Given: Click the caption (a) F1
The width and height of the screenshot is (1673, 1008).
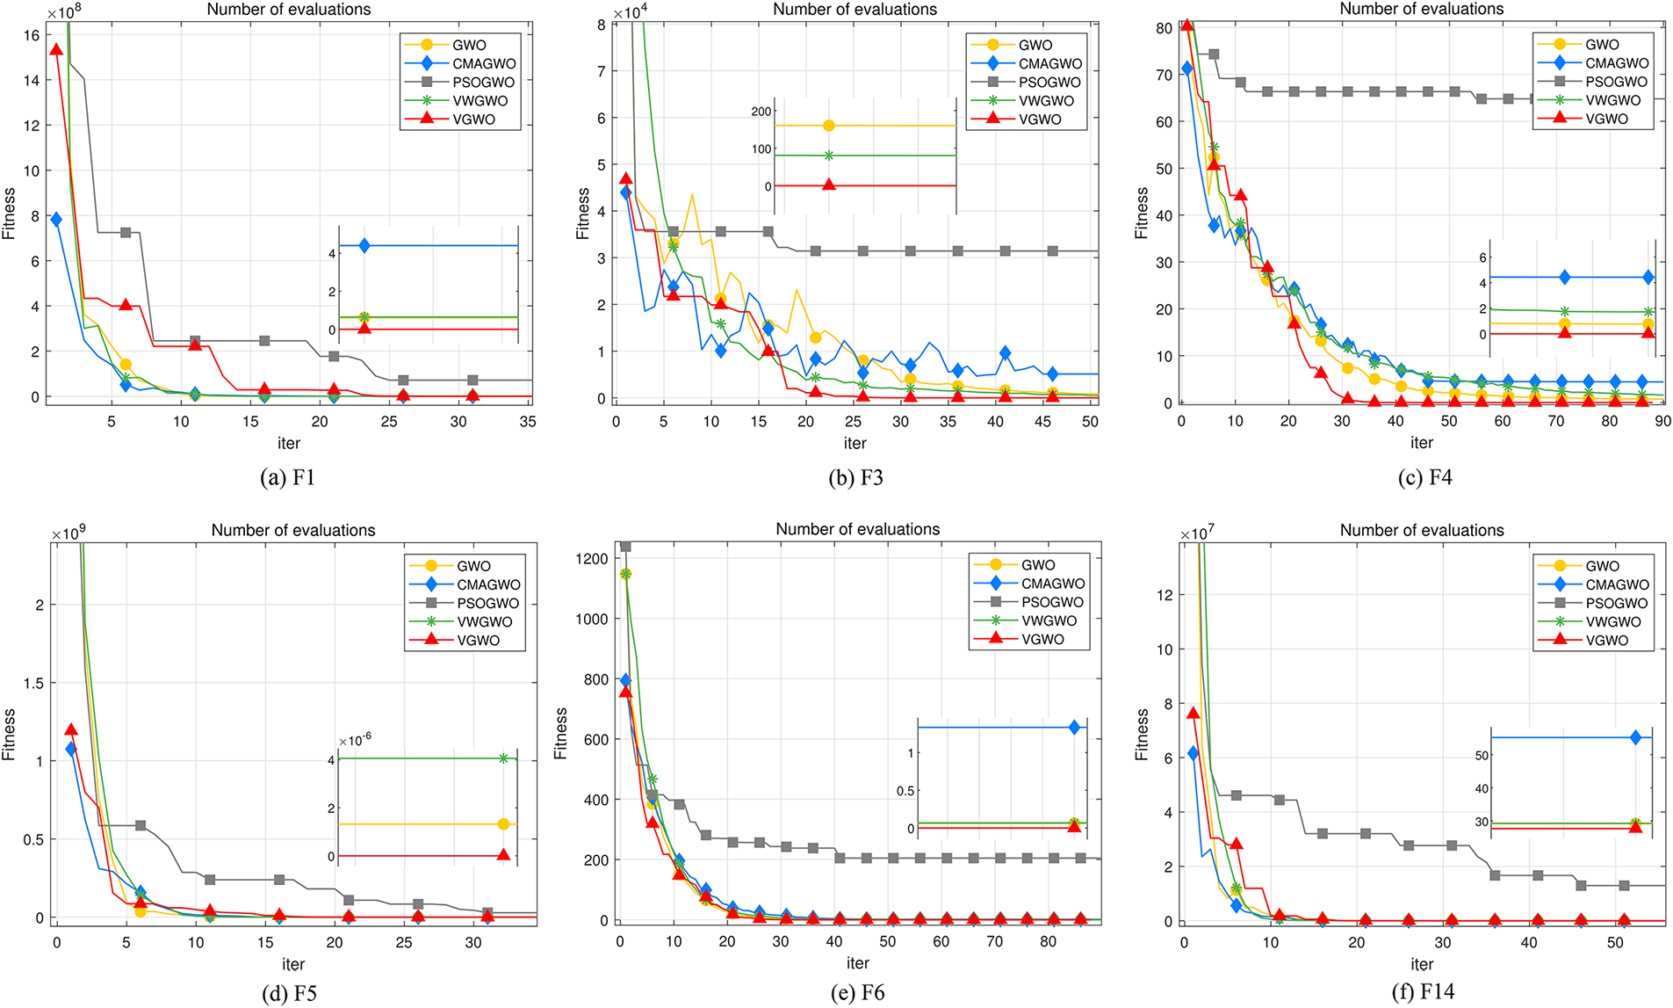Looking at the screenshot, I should (287, 477).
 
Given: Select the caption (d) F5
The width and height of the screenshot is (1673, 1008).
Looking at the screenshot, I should (289, 994).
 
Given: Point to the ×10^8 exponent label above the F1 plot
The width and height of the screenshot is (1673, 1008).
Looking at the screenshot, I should (63, 12).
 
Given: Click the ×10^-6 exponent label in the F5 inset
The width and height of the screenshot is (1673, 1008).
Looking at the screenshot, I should (355, 740).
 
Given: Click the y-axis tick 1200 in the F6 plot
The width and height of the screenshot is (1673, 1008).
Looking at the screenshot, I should (592, 559).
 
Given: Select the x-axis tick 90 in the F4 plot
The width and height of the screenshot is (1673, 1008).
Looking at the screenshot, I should (1662, 421).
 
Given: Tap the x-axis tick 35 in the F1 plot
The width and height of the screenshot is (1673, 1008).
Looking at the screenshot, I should (528, 422).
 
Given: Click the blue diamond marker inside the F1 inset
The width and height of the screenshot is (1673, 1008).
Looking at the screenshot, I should (364, 246).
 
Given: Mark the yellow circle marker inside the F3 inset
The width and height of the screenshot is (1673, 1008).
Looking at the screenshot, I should (828, 126).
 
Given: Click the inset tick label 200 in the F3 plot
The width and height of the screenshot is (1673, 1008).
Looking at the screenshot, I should (761, 112).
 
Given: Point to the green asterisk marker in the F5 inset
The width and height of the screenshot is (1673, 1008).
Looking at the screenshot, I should (503, 758).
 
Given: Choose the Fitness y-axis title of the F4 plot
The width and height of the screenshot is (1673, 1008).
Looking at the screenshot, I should (1141, 213).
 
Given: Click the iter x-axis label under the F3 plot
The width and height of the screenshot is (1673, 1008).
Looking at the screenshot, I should (855, 443).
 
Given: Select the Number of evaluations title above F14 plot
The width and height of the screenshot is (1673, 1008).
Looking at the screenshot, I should (1421, 530).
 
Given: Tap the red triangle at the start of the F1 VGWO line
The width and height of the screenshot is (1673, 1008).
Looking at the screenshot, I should (56, 49).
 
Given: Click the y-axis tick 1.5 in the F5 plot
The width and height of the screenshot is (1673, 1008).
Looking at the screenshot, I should (33, 683).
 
